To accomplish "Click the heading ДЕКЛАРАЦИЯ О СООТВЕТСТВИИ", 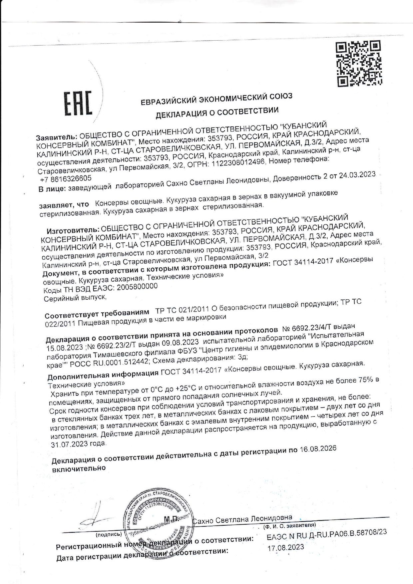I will coord(217,113).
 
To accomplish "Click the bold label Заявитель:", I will coord(57,137).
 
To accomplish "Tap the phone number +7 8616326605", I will coord(66,179).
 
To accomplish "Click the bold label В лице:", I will coord(52,189).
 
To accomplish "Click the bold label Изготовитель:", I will coord(73,230).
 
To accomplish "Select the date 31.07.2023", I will coord(79,444).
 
